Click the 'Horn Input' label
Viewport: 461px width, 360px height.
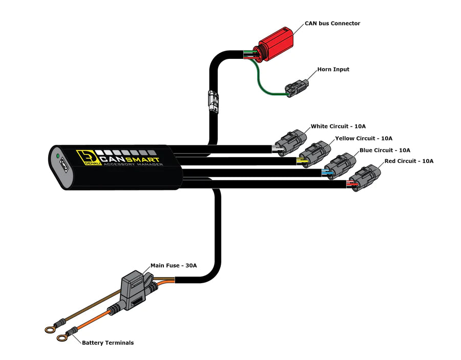point(333,69)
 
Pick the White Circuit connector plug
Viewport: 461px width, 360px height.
point(289,141)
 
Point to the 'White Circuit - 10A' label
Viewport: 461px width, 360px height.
point(338,126)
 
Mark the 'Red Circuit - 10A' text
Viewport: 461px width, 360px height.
point(409,161)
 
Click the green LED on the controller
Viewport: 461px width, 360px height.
point(58,155)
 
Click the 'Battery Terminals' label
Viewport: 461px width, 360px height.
point(108,343)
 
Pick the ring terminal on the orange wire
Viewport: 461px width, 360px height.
point(62,338)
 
